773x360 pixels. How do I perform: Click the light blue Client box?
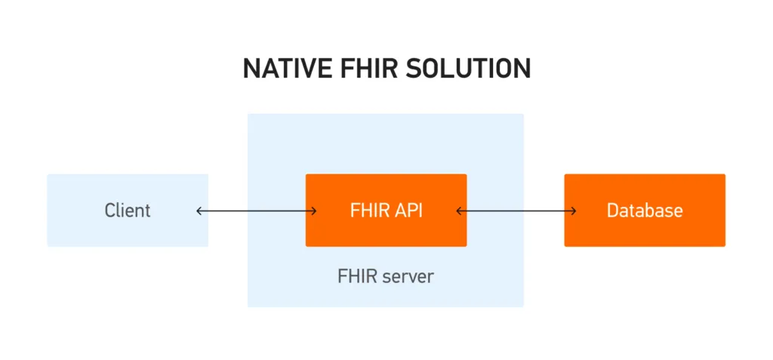pos(128,211)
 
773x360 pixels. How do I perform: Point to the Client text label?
pos(128,211)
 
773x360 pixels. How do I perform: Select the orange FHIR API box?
pos(386,211)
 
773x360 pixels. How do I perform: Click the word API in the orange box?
pos(408,211)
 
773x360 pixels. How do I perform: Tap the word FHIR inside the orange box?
pos(369,211)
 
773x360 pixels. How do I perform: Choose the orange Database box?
pos(645,211)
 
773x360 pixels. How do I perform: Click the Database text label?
pos(645,211)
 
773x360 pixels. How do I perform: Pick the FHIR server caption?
pos(386,276)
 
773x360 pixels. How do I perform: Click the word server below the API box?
pos(408,277)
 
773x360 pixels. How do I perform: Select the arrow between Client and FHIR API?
pos(257,211)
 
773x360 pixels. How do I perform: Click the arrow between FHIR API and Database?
pos(516,211)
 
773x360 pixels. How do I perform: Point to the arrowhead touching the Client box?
pos(199,211)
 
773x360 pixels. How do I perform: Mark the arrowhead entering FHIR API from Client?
pos(313,211)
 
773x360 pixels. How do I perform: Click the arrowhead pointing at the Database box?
pos(574,211)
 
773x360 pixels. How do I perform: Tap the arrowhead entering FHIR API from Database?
pos(459,211)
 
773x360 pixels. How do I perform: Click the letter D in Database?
pos(612,211)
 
